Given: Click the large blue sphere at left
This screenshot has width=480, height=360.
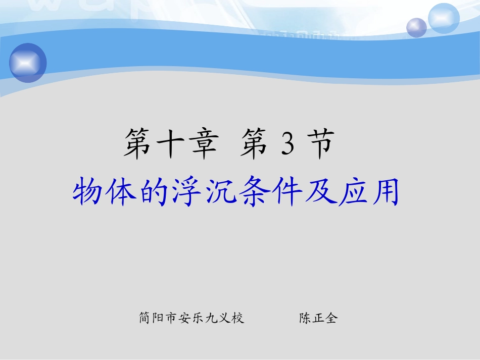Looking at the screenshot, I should click(x=28, y=63).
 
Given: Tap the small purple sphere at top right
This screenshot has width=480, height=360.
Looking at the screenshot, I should click(x=417, y=27).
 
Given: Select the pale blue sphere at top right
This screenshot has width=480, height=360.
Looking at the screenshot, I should click(x=444, y=18).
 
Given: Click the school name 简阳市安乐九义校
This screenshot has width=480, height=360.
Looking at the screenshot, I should click(x=192, y=318).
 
